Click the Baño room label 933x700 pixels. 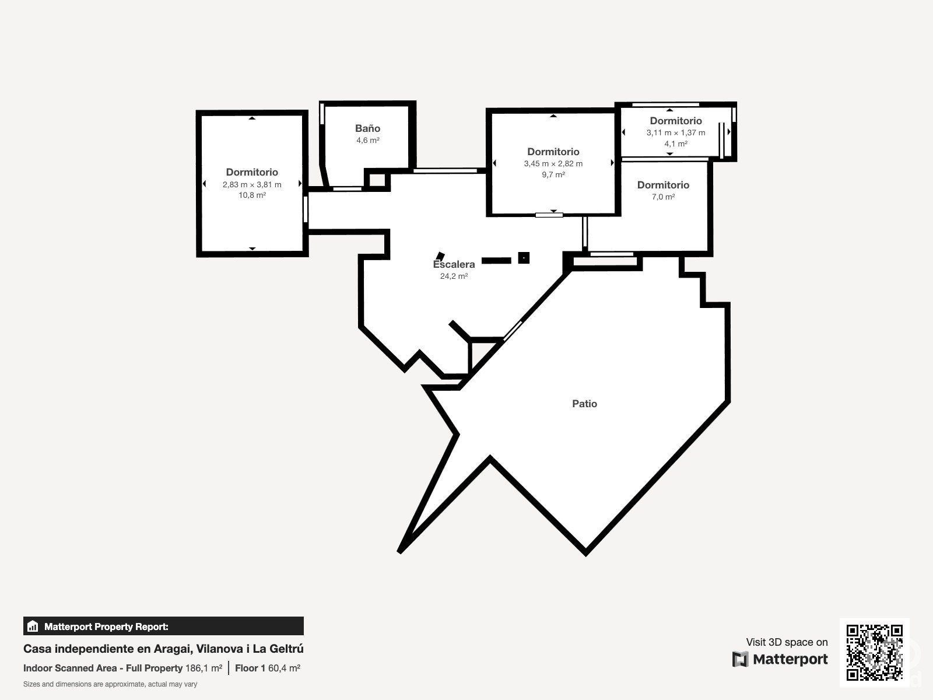[368, 128]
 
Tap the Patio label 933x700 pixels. [584, 404]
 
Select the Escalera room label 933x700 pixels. [454, 264]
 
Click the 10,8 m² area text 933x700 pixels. [252, 195]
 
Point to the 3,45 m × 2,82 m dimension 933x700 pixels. [553, 164]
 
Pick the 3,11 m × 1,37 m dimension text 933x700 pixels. [676, 132]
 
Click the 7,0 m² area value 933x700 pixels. [663, 197]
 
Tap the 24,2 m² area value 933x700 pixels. [454, 276]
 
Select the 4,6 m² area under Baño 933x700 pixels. [368, 140]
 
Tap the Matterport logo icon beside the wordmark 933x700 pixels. [740, 659]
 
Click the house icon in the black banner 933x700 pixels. [33, 626]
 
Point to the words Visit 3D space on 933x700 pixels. [787, 642]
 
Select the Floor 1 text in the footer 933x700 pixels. [250, 668]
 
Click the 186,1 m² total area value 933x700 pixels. [204, 668]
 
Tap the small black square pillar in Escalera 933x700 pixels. [524, 258]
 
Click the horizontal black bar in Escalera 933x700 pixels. [496, 261]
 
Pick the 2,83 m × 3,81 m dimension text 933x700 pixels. [252, 184]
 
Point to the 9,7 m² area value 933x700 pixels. [553, 174]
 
